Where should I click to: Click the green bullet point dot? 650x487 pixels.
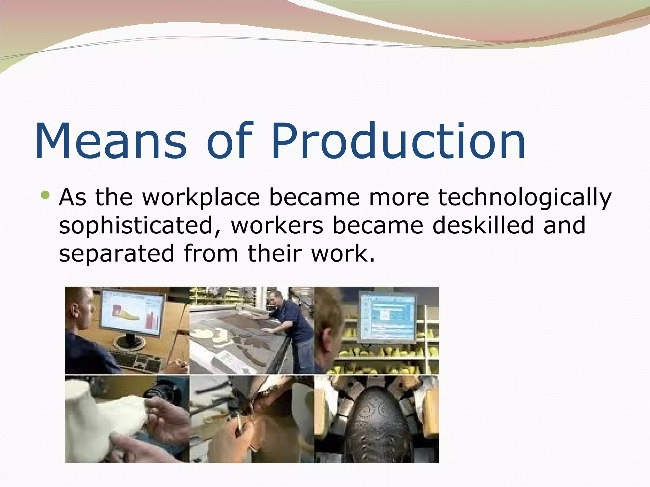pyautogui.click(x=46, y=195)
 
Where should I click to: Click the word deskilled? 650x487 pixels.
pyautogui.click(x=483, y=225)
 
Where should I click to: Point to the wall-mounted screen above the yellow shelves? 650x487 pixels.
pyautogui.click(x=387, y=317)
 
